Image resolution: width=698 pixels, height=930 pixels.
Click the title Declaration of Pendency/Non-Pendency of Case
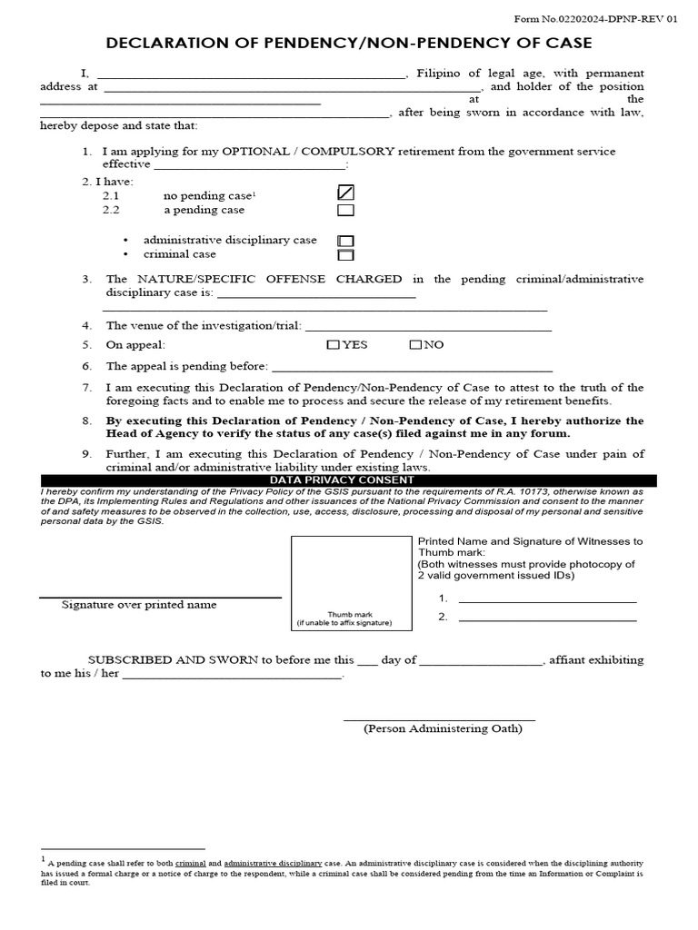349,43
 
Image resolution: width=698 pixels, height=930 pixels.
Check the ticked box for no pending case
345,193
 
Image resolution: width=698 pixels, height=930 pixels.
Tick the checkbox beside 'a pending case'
345,211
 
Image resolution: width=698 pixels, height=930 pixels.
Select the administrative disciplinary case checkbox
345,241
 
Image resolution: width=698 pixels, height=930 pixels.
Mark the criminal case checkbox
345,255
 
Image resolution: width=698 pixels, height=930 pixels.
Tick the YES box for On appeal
333,345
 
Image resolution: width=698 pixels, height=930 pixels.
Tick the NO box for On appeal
415,345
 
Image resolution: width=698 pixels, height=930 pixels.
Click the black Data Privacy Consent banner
349,480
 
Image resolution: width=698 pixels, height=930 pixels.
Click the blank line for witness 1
547,599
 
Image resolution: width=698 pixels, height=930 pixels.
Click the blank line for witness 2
547,618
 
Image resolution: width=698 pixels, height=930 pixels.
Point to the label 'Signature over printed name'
139,605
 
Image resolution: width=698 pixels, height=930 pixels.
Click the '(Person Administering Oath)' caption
443,728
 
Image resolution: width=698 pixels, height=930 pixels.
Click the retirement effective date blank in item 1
250,166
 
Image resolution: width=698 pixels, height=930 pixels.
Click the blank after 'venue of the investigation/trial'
428,327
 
